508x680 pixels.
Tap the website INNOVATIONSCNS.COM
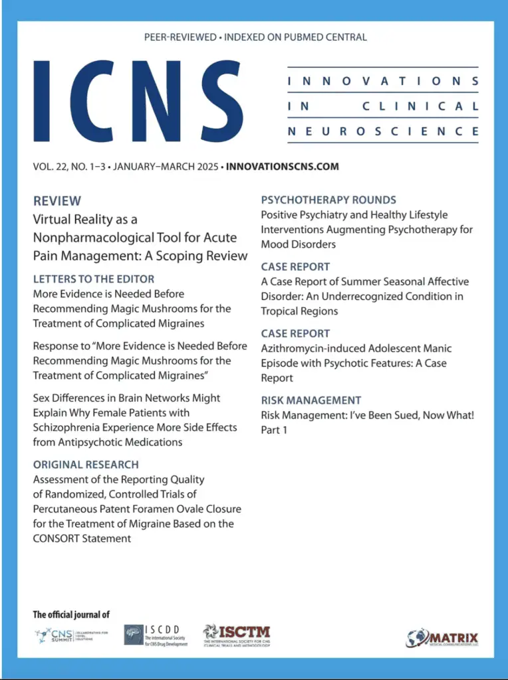click(283, 166)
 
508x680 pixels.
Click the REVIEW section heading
click(57, 201)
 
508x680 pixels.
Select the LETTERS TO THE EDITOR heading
click(94, 279)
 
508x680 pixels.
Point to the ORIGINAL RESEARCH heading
click(86, 464)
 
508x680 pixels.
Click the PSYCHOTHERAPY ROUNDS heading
click(328, 200)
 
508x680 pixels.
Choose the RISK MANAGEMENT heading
click(311, 400)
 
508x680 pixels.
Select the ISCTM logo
click(237, 636)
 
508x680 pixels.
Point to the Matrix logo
click(442, 638)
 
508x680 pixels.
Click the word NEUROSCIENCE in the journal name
click(382, 131)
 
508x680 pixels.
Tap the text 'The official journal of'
click(71, 615)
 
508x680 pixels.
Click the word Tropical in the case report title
click(280, 311)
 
